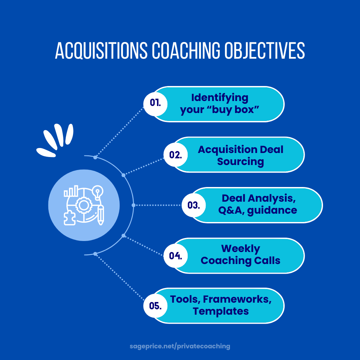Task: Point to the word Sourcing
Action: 240,162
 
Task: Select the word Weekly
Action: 240,249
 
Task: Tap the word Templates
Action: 221,311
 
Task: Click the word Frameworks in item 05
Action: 236,299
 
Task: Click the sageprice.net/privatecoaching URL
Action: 180,346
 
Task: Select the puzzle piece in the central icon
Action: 70,218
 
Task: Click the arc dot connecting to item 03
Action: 133,205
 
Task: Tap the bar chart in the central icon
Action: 71,191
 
